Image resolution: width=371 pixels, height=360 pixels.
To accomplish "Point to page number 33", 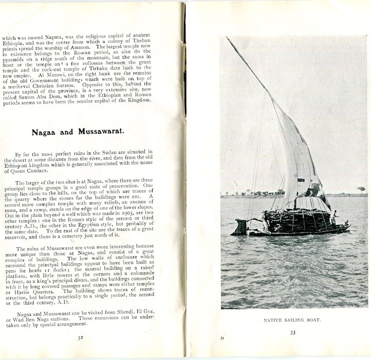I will point(293,332).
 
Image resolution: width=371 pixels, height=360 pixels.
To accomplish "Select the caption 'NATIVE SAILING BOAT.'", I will point(293,320).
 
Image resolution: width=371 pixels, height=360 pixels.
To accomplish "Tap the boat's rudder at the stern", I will point(239,226).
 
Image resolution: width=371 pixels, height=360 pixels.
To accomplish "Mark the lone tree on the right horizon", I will point(361,189).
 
